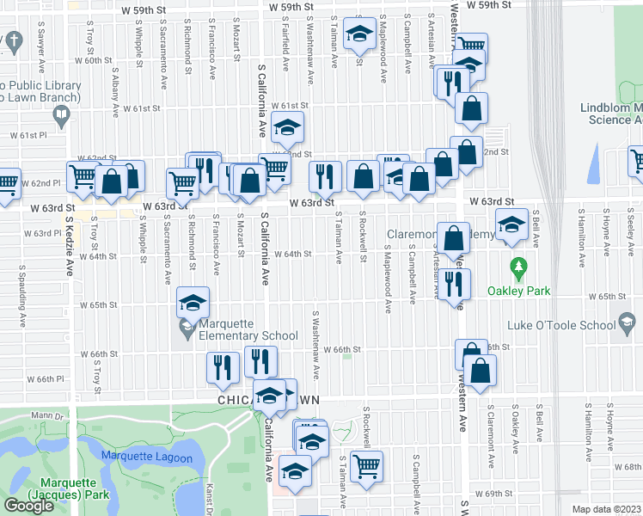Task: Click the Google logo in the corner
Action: click(28, 506)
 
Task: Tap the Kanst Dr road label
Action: click(210, 490)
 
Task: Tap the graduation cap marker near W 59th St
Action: click(358, 35)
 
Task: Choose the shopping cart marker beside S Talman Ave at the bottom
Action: click(367, 465)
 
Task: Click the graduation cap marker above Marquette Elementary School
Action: click(193, 302)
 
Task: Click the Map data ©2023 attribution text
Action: click(607, 509)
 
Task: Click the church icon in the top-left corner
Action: click(13, 40)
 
